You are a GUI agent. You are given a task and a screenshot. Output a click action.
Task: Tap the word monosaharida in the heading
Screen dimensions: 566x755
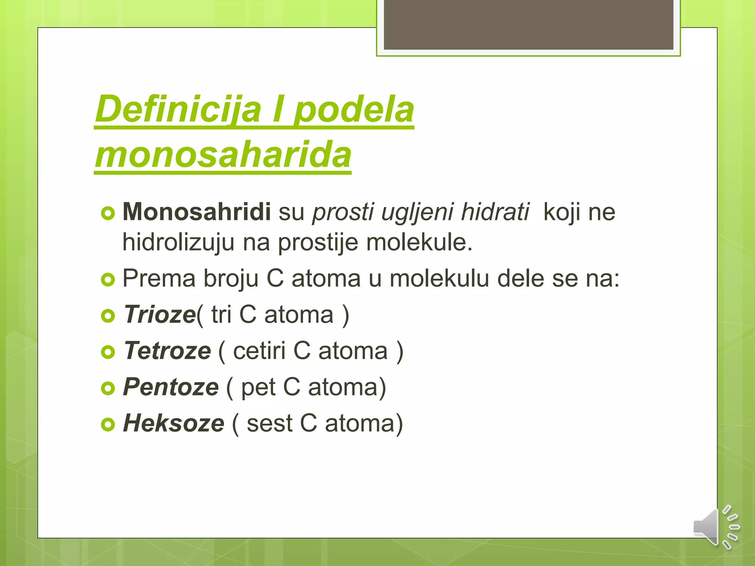223,155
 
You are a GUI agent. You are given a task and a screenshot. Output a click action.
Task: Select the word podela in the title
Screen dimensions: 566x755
354,109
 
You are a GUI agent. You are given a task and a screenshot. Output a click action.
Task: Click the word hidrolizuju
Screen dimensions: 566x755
178,242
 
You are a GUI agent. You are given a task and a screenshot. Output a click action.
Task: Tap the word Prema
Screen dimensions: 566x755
159,278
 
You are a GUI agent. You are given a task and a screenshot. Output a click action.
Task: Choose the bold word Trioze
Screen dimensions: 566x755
159,315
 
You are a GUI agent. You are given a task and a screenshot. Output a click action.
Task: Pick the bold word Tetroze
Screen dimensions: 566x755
167,350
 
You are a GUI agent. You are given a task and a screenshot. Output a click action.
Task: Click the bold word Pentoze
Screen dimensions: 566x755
171,387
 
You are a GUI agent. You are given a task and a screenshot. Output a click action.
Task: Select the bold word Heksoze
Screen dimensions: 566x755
173,423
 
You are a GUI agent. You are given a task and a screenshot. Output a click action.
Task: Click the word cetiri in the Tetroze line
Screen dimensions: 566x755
259,350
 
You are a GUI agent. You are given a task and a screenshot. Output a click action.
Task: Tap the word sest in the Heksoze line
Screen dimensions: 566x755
269,423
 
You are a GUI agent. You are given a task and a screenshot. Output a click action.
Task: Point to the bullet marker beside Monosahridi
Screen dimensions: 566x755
108,213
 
